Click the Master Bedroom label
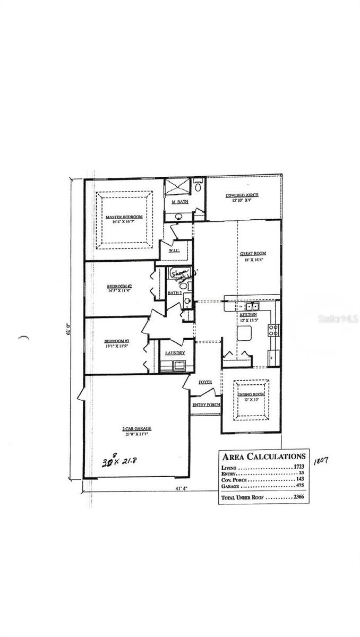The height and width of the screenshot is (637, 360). click(124, 217)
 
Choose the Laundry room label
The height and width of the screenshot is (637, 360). click(174, 353)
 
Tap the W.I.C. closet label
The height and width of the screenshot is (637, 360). click(174, 250)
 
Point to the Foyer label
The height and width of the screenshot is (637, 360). click(205, 382)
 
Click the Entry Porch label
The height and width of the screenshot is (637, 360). click(206, 404)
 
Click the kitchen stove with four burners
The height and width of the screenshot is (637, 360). click(274, 330)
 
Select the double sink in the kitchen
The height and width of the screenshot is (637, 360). click(250, 306)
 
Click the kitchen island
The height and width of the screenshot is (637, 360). click(244, 333)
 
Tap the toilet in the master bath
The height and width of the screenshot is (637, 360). click(198, 186)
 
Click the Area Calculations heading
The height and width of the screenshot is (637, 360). click(263, 457)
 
